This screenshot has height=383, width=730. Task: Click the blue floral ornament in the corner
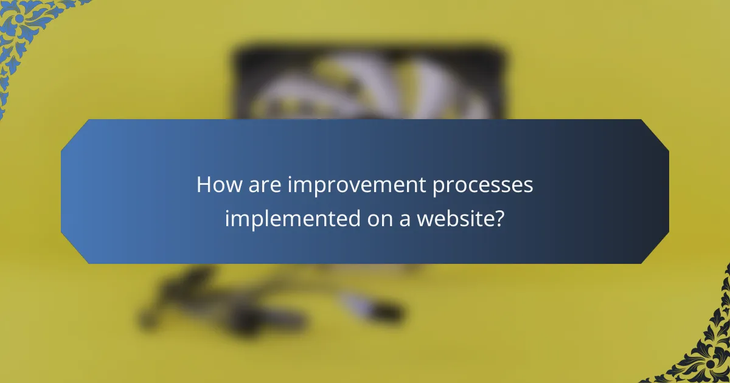pos(24,30)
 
